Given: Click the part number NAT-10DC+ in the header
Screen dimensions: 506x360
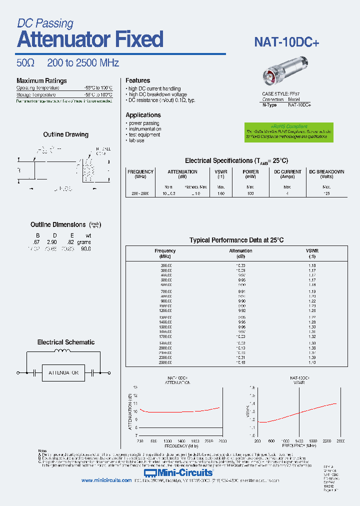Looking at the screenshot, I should [x=286, y=43].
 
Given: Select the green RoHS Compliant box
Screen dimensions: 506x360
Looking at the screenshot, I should [x=288, y=132].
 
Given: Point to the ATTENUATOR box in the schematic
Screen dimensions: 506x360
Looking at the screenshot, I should [x=63, y=373].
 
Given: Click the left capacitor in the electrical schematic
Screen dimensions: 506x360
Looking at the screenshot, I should [x=34, y=373].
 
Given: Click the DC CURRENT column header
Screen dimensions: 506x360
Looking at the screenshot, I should [x=287, y=174].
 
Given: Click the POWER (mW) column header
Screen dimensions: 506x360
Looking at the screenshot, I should [x=250, y=174].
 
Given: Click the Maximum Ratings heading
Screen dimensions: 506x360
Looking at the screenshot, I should [x=41, y=81].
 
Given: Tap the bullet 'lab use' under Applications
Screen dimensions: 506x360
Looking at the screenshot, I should [x=136, y=140].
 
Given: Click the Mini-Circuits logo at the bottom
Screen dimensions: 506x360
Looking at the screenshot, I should [x=178, y=472].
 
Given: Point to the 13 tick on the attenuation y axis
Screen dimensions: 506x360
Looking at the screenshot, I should [x=135, y=387].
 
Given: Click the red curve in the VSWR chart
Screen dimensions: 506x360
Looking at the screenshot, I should [x=300, y=412].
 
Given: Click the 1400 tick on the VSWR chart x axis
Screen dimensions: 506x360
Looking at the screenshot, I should [x=298, y=440].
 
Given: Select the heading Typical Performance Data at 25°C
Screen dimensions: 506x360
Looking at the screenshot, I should [x=236, y=240].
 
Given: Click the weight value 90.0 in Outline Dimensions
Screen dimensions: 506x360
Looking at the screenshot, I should [x=85, y=248].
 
